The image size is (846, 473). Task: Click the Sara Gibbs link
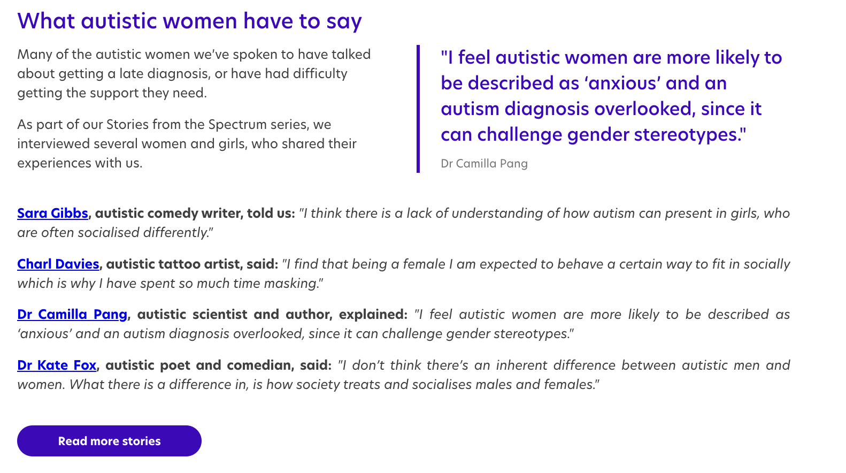pyautogui.click(x=52, y=213)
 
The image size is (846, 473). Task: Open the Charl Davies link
pyautogui.click(x=58, y=264)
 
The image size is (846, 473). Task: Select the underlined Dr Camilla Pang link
pyautogui.click(x=72, y=315)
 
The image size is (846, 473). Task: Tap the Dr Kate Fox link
pyautogui.click(x=57, y=365)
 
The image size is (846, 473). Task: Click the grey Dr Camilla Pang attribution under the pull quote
pyautogui.click(x=484, y=164)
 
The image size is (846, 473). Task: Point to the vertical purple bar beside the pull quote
pyautogui.click(x=418, y=109)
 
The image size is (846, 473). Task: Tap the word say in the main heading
pyautogui.click(x=344, y=21)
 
